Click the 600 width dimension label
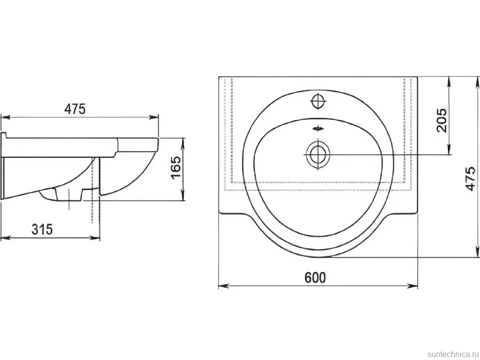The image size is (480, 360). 315,277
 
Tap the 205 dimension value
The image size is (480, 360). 441,120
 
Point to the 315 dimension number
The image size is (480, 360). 42,229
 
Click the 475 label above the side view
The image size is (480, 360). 75,109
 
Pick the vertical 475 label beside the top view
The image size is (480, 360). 470,179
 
